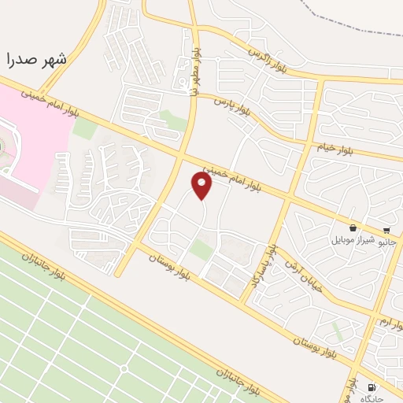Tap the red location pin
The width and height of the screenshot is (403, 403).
pos(202,185)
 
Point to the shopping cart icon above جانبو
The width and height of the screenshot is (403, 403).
pos(387,231)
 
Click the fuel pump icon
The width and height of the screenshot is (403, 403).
pos(372,386)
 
